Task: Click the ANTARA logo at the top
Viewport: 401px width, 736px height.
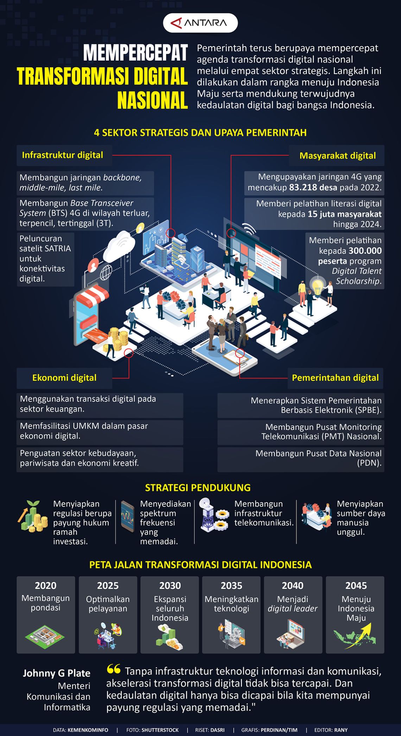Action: (x=200, y=23)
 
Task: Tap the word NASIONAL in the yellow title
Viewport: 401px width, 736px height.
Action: (x=152, y=101)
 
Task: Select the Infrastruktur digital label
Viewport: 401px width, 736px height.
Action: (x=63, y=155)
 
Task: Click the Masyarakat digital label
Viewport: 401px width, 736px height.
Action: (x=338, y=156)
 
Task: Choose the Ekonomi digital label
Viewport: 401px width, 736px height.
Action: (x=64, y=378)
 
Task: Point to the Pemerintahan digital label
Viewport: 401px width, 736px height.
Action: (x=335, y=378)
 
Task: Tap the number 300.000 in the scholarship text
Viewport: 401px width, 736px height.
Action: (x=365, y=251)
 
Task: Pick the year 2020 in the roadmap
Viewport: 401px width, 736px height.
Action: (x=46, y=586)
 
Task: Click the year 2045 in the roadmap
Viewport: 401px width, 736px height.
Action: (x=356, y=586)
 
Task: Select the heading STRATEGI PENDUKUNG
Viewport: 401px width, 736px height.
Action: (x=198, y=488)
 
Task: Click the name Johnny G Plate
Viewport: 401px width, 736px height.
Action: (x=57, y=673)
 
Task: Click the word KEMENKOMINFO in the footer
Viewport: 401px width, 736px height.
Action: (x=88, y=730)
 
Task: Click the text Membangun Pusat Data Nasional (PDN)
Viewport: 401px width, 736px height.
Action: (x=319, y=458)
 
